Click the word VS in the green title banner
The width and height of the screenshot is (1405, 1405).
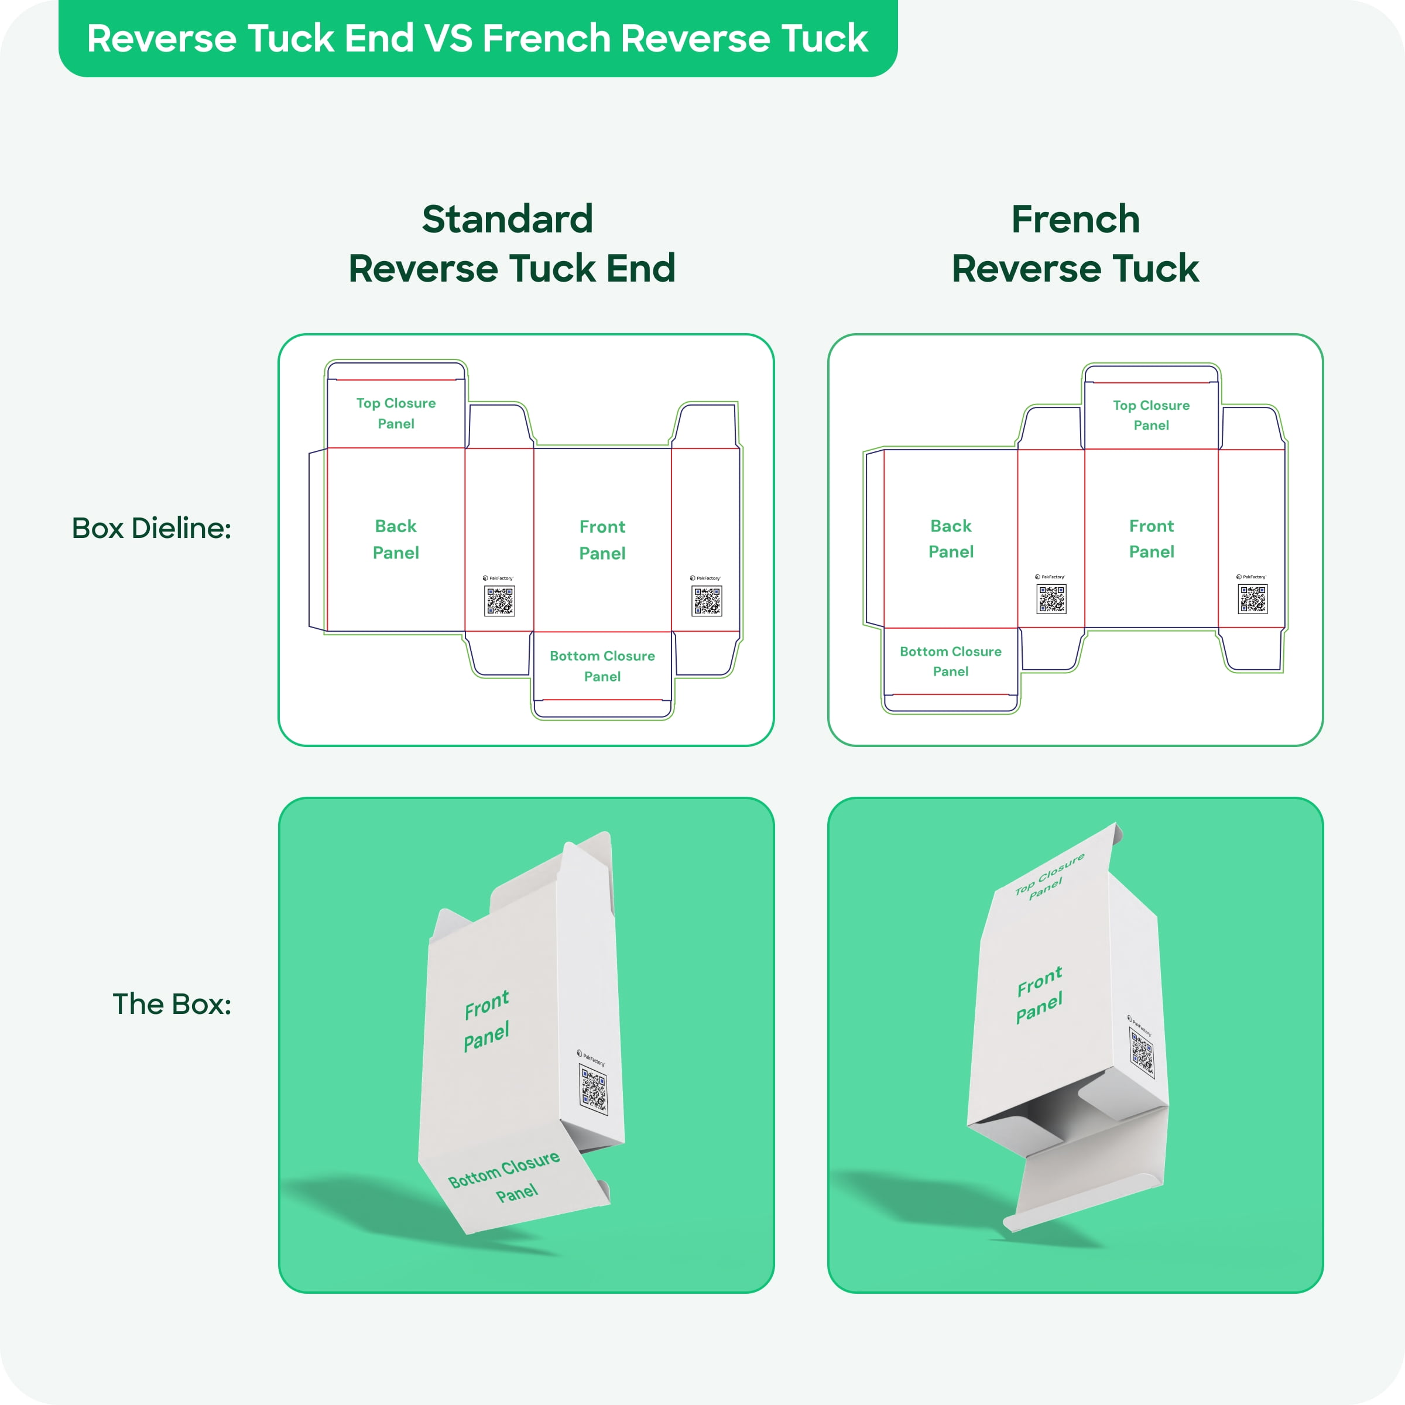tap(448, 39)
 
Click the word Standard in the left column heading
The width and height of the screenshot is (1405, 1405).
tap(508, 220)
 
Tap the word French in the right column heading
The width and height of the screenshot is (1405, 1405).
tap(1075, 220)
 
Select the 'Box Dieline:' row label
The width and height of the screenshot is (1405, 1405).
tap(151, 529)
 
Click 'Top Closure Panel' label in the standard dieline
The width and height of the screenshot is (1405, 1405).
tap(396, 413)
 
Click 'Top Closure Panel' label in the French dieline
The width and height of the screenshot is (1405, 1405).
tap(1151, 415)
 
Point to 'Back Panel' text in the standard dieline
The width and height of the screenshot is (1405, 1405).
tap(396, 539)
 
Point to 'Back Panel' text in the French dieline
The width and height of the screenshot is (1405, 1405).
tap(951, 538)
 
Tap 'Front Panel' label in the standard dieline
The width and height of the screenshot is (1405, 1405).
tap(602, 540)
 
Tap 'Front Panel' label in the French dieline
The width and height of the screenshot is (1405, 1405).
tap(1151, 538)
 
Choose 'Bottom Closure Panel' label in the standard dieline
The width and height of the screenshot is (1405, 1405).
tap(602, 666)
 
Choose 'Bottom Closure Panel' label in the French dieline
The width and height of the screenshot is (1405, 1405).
tap(951, 661)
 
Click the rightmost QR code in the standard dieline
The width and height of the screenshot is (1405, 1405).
tap(706, 601)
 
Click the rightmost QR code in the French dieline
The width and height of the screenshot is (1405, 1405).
tap(1252, 599)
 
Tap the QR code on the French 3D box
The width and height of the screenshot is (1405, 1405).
tap(1142, 1053)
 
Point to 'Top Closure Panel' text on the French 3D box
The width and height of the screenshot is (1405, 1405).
tap(1050, 877)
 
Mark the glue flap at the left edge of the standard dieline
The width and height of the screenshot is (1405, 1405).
tap(318, 540)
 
